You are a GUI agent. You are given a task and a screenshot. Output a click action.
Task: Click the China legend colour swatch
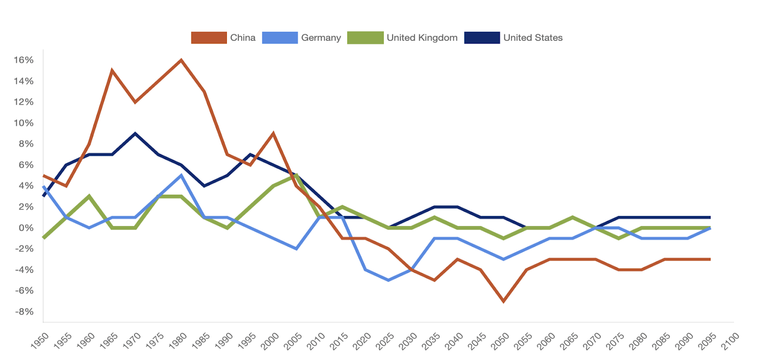coord(209,38)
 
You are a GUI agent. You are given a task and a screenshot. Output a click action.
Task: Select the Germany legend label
coord(321,38)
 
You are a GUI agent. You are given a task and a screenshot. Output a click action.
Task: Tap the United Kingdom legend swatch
coord(365,38)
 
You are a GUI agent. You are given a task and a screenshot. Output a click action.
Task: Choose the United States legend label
coord(532,38)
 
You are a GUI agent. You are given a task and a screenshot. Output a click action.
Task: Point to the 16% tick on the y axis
coord(24,60)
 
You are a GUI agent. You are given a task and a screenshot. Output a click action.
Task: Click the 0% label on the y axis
coord(26,228)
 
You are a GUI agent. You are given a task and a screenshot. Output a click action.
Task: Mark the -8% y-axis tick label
coord(24,312)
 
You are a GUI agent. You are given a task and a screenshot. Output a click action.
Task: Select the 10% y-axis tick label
coord(24,123)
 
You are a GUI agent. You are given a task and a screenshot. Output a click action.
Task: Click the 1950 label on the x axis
coord(40,341)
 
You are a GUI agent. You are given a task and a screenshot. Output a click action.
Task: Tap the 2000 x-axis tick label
coord(270,341)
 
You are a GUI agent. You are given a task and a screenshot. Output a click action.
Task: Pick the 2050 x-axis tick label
coord(500,341)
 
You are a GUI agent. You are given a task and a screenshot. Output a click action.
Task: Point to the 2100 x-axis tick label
coord(730,341)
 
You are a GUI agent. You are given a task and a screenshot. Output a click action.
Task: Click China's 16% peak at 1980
coord(181,60)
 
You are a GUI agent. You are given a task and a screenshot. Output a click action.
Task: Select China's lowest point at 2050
coord(504,301)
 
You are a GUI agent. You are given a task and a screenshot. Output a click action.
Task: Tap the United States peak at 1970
coord(135,134)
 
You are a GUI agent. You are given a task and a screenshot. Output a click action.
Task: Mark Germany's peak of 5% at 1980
coord(181,175)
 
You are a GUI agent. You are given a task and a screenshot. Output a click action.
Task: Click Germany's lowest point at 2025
coord(388,280)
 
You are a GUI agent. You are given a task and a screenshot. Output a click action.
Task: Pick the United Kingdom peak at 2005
coord(297,175)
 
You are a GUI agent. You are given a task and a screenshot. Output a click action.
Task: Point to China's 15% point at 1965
coord(112,71)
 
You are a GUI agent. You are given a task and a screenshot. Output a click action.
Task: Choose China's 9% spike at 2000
coord(273,134)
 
